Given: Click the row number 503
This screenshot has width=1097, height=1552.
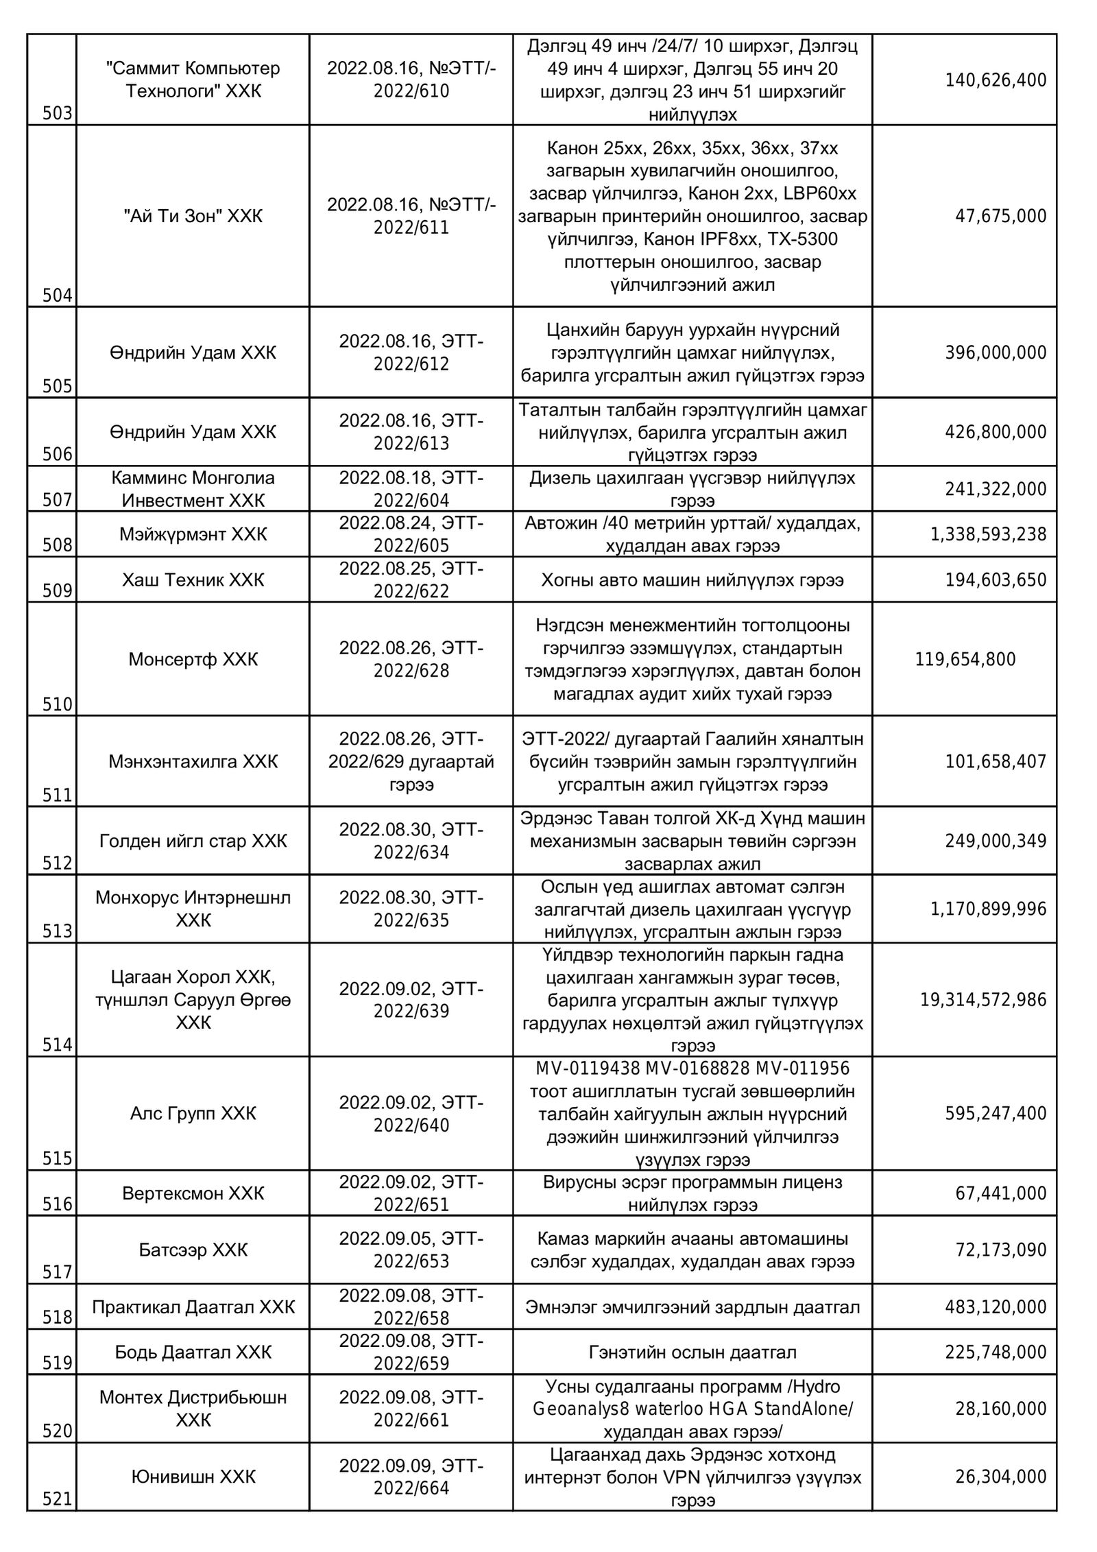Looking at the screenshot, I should point(58,113).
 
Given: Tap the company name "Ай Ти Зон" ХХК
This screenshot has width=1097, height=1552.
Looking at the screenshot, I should point(193,217).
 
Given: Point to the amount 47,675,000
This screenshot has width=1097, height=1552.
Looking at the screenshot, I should point(1001,217).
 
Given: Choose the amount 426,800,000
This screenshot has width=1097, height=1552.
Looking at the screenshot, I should point(996,432).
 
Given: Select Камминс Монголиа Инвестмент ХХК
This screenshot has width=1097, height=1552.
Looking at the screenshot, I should point(193,489).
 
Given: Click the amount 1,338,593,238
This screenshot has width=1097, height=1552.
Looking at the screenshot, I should point(988,534).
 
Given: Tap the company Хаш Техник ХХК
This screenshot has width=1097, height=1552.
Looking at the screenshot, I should point(193,580).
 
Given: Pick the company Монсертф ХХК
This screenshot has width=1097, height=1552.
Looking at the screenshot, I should point(193,660).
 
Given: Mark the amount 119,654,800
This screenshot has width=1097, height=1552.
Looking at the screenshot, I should point(965,660).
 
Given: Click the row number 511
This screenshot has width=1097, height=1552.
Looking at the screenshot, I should point(58,796).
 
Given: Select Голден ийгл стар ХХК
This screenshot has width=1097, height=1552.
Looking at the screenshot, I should point(193,841).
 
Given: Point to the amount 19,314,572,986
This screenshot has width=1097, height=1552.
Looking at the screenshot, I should point(983,1000).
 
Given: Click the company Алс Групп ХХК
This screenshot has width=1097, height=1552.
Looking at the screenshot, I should point(193,1113).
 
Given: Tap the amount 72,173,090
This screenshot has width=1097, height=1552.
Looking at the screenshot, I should point(1001,1250).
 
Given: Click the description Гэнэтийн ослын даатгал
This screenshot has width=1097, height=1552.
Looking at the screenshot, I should point(692,1352).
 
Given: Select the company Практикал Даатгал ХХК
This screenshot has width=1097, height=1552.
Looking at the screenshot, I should point(193,1307).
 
